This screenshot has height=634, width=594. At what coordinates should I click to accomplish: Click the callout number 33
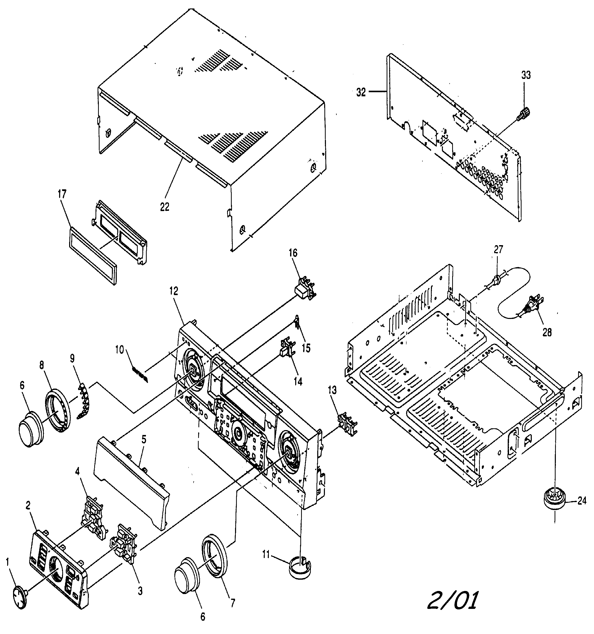(x=526, y=75)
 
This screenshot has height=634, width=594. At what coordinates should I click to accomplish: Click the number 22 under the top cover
(x=165, y=207)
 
